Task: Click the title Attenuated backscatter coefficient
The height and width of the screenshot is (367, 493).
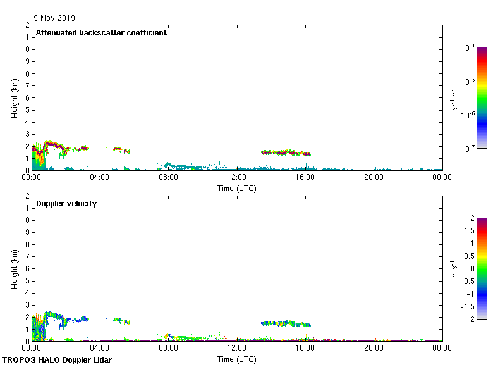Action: [x=101, y=33]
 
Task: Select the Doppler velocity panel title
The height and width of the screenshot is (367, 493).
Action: [x=66, y=204]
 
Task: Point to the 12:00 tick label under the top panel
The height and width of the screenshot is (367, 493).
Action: [x=236, y=178]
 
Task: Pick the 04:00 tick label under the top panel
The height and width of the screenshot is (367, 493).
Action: [x=100, y=178]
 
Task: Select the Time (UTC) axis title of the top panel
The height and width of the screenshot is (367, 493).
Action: [x=236, y=188]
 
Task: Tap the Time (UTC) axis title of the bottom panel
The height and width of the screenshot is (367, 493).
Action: [x=236, y=359]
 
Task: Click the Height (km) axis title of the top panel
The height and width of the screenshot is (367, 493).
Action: [x=14, y=98]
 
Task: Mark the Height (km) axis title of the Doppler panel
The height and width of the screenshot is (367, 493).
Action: [x=14, y=269]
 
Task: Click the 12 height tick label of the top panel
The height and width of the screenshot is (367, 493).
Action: [x=26, y=25]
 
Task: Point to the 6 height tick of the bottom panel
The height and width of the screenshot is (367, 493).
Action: [x=28, y=268]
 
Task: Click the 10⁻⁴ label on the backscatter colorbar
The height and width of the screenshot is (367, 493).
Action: [x=467, y=48]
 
